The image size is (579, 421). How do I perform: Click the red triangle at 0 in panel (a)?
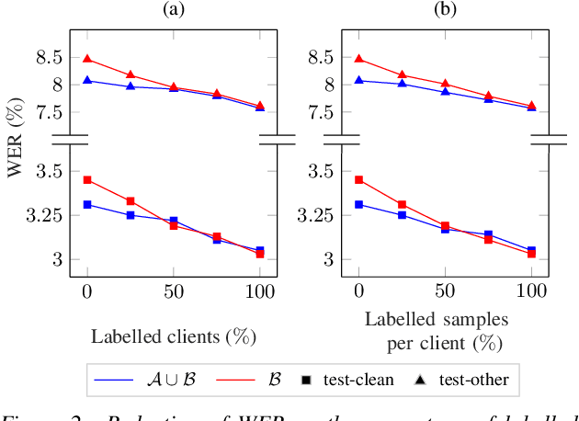[87, 58]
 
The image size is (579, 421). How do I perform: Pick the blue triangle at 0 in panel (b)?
[358, 80]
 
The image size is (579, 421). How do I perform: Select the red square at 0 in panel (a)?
[87, 179]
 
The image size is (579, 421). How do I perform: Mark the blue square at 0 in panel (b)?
[358, 204]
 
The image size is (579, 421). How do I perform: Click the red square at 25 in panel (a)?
[131, 200]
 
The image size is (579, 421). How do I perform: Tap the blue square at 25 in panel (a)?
[131, 215]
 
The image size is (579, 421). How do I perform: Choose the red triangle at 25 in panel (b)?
[402, 74]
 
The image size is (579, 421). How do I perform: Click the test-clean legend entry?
[357, 379]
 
